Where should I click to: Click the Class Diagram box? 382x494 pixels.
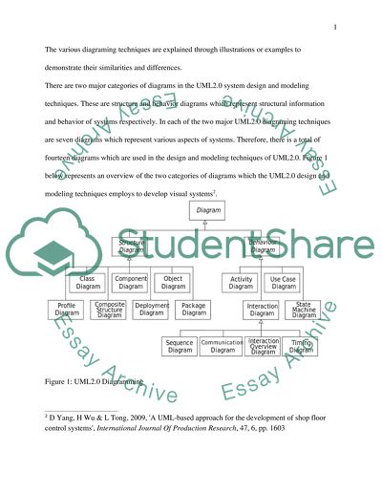88,282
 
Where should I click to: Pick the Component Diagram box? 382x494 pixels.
130,282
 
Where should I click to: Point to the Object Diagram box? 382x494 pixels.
173,282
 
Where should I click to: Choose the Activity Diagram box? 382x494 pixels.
242,282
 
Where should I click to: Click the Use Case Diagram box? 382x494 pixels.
284,282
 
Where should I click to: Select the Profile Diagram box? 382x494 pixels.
67,309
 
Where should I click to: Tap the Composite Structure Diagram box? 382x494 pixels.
110,309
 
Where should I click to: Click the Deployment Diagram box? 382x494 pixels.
152,309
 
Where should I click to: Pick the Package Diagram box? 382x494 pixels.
194,309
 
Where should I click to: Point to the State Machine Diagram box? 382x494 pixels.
304,309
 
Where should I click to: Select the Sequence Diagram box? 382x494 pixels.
180,346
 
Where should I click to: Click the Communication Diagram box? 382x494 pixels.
222,346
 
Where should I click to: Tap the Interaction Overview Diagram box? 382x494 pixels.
263,346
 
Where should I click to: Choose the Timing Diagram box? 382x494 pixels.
304,346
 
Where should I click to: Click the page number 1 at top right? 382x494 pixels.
336,28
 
